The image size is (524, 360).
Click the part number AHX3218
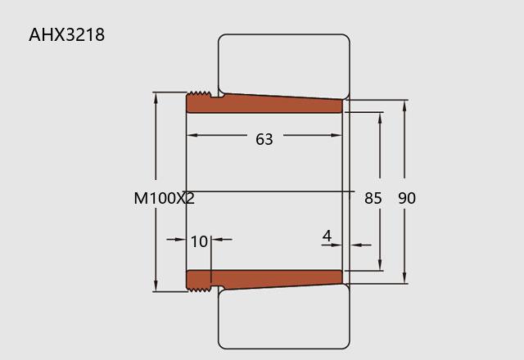tap(66, 34)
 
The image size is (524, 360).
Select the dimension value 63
tap(264, 139)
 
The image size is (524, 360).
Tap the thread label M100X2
tap(164, 198)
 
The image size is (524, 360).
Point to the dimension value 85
tap(373, 198)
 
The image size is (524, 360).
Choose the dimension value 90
tap(407, 198)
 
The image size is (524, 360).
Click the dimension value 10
tap(199, 241)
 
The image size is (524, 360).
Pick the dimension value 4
tap(327, 236)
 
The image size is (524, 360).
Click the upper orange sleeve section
tap(264, 103)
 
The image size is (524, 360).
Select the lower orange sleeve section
tap(264, 281)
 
